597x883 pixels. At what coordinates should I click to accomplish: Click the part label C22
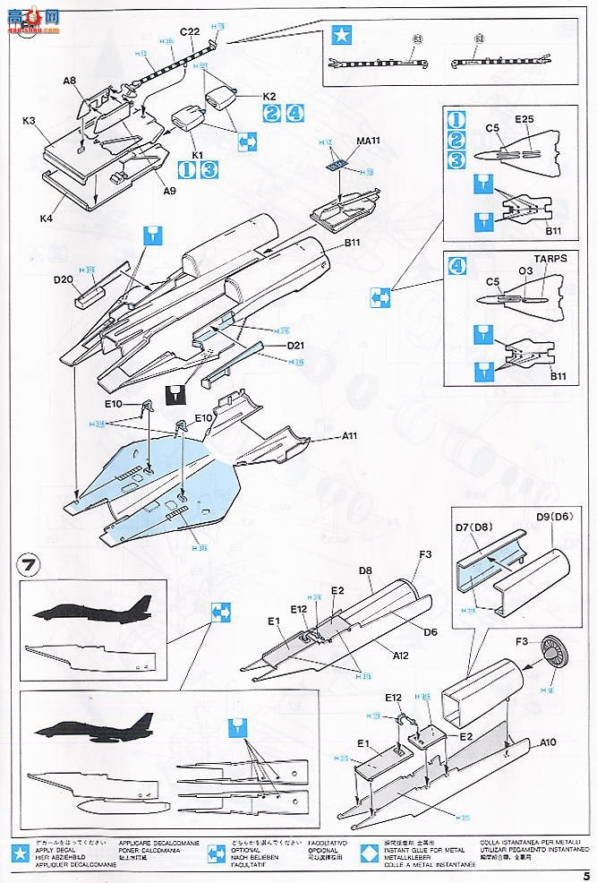(x=189, y=32)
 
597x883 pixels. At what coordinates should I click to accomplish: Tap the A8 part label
(x=70, y=81)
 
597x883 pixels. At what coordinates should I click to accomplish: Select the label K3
(x=29, y=121)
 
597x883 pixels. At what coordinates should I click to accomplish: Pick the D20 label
(x=63, y=279)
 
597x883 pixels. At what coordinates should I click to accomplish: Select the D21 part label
(x=298, y=345)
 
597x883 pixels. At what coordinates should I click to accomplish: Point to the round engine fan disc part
(x=557, y=664)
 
